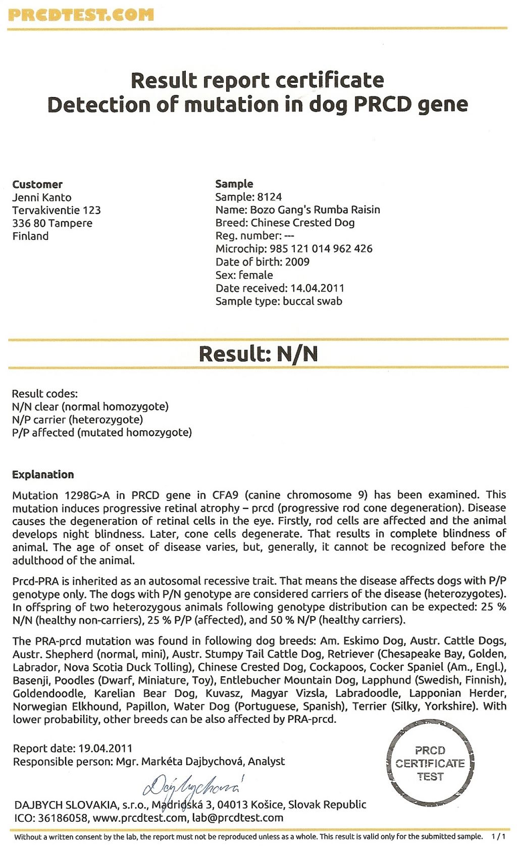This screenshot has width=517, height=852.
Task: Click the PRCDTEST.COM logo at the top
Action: click(x=81, y=15)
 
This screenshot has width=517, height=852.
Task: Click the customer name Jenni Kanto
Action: click(x=42, y=197)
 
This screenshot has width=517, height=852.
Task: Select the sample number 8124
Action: click(x=269, y=197)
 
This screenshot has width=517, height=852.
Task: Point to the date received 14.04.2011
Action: click(x=317, y=288)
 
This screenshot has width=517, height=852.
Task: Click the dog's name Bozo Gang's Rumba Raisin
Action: click(x=315, y=210)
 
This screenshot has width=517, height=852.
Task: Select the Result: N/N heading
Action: click(x=258, y=354)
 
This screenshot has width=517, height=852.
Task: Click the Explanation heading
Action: click(x=43, y=475)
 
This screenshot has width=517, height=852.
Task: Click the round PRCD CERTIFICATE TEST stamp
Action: click(x=430, y=763)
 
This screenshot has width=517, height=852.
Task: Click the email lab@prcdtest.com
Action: click(x=237, y=817)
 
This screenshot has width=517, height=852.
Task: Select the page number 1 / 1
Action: click(x=498, y=836)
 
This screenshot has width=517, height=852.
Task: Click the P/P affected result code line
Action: click(x=102, y=433)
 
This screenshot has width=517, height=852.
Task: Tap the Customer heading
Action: click(x=37, y=184)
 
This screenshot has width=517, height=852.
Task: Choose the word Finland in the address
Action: click(x=30, y=236)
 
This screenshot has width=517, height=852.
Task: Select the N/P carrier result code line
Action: click(x=77, y=420)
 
